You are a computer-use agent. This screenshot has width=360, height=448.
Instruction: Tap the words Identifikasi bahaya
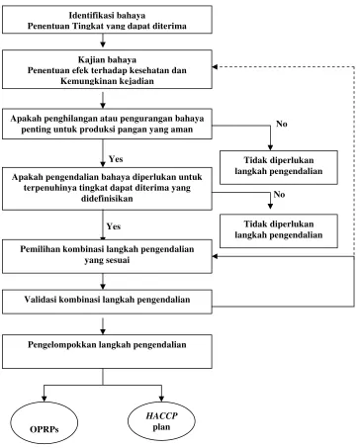107,15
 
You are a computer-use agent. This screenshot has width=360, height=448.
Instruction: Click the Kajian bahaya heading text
107,59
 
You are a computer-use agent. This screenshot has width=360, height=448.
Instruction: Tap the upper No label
282,124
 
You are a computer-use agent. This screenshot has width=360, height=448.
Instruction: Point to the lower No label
279,194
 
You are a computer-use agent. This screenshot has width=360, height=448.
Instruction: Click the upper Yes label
116,159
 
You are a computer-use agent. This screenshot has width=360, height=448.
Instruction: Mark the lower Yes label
114,226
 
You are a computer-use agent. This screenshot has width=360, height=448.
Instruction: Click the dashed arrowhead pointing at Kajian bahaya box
215,67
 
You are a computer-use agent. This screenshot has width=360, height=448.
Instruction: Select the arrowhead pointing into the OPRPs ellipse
44,398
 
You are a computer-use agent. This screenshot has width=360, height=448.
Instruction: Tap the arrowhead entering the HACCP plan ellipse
161,398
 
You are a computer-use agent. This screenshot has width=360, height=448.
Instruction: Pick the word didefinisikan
107,199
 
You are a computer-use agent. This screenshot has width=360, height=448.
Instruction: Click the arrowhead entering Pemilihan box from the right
215,256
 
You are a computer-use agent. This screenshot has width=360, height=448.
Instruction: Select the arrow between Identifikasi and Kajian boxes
103,41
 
